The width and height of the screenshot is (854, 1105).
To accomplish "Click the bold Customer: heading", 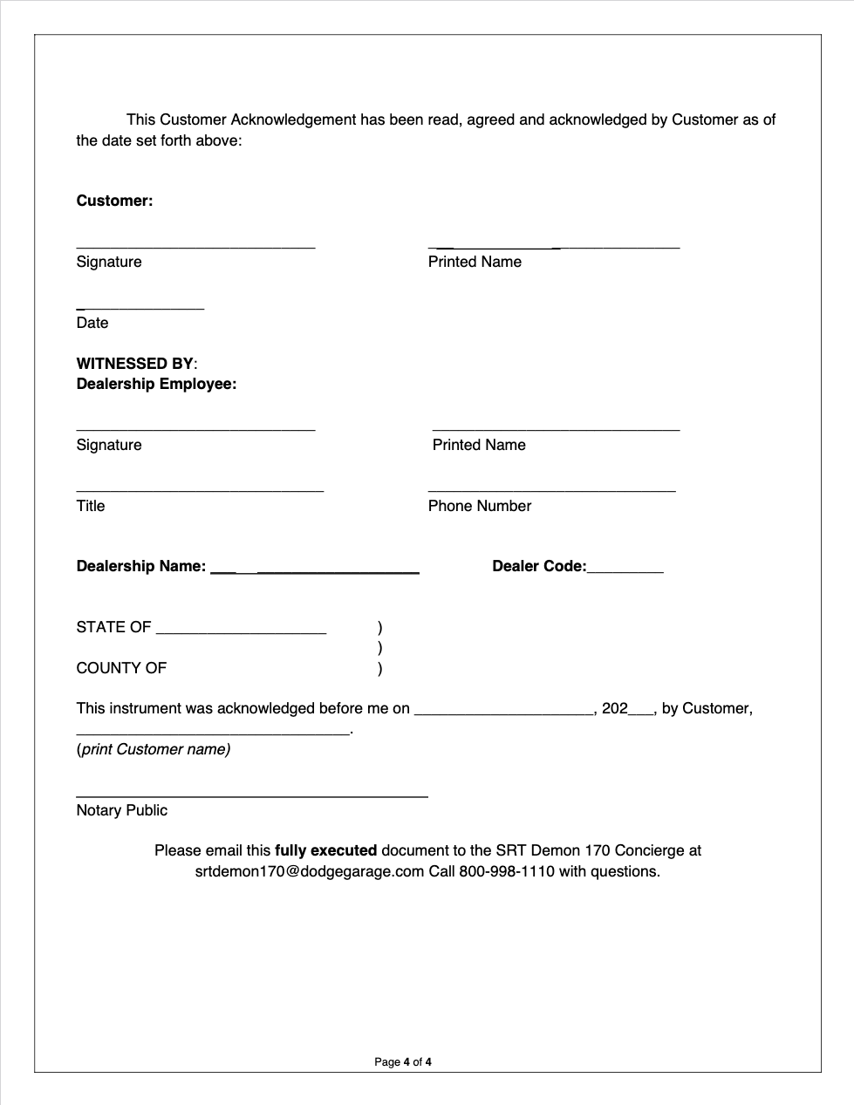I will pyautogui.click(x=114, y=201).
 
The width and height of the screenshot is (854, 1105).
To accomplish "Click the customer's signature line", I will pyautogui.click(x=195, y=247).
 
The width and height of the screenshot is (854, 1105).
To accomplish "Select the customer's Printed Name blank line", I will pyautogui.click(x=554, y=247).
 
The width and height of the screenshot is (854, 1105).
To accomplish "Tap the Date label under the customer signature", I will pyautogui.click(x=92, y=323).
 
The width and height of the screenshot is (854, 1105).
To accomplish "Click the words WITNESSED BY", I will pyautogui.click(x=135, y=364).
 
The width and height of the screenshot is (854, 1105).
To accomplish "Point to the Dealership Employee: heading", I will pyautogui.click(x=156, y=384).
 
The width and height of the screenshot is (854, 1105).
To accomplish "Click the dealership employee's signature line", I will pyautogui.click(x=195, y=429).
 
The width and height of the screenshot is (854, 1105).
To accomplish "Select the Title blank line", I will pyautogui.click(x=200, y=491).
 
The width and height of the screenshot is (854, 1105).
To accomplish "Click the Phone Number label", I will pyautogui.click(x=480, y=506).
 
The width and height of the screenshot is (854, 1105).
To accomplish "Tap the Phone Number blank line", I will pyautogui.click(x=551, y=491).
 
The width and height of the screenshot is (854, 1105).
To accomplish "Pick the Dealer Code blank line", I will pyautogui.click(x=625, y=571).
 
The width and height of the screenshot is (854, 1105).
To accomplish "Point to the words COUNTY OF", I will pyautogui.click(x=121, y=668).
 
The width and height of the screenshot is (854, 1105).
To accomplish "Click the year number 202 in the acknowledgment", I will pyautogui.click(x=615, y=708).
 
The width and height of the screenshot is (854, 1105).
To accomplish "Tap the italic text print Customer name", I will pyautogui.click(x=154, y=749).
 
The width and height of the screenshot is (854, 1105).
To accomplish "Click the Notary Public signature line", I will pyautogui.click(x=251, y=795).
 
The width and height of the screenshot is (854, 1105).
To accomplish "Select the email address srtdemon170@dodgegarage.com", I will pyautogui.click(x=310, y=871).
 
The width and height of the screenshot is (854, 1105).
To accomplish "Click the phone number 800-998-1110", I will pyautogui.click(x=507, y=871).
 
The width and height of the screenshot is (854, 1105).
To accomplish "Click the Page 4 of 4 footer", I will pyautogui.click(x=403, y=1061).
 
